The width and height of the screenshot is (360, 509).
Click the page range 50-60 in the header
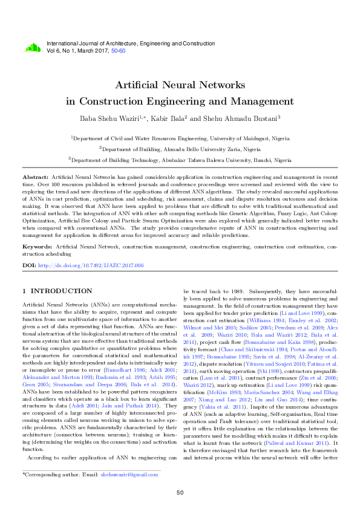pos(118,51)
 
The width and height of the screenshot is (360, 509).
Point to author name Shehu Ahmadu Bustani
pos(229,118)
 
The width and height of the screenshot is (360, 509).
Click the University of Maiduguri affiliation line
pos(180,138)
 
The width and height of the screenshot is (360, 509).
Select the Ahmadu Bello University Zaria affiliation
pos(180,149)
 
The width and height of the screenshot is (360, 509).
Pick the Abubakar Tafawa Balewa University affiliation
pos(180,160)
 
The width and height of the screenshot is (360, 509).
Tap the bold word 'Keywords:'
pos(38,247)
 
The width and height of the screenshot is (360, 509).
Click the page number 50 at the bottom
pos(180,493)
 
